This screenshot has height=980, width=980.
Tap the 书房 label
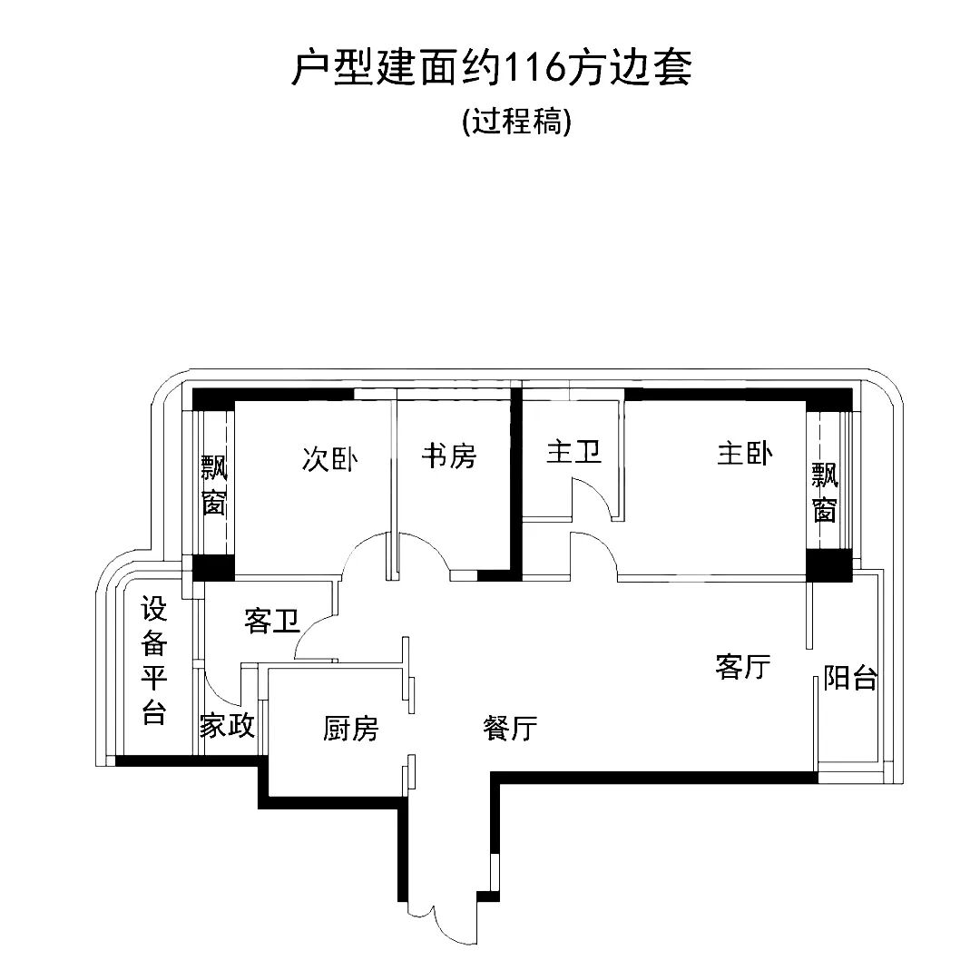point(448,456)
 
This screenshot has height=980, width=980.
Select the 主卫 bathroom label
point(573,452)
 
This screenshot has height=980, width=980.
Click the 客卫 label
point(272,622)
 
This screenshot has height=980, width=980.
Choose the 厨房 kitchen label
point(350,728)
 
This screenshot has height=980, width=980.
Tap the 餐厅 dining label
point(511,728)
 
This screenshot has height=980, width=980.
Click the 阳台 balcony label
point(850,678)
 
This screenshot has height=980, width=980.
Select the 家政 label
point(227,726)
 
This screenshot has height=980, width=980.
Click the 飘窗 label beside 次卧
point(214,485)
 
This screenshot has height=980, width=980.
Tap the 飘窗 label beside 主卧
point(824,493)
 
